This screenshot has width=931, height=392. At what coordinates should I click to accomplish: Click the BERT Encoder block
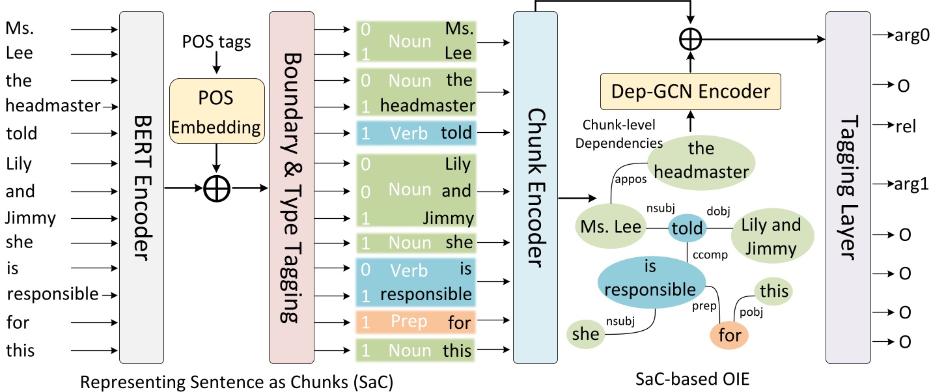click(142, 188)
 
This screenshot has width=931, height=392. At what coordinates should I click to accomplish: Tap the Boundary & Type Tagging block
click(292, 188)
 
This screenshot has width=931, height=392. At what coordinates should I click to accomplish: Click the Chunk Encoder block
click(535, 188)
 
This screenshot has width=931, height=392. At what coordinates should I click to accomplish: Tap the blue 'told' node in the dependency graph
click(687, 228)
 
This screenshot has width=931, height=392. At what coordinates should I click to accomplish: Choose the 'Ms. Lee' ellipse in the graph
click(609, 227)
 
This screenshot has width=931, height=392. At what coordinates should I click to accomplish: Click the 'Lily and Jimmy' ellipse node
click(771, 237)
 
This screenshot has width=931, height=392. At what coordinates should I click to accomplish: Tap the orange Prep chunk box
click(413, 321)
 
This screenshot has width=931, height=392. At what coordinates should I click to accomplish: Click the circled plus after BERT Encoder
click(216, 188)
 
